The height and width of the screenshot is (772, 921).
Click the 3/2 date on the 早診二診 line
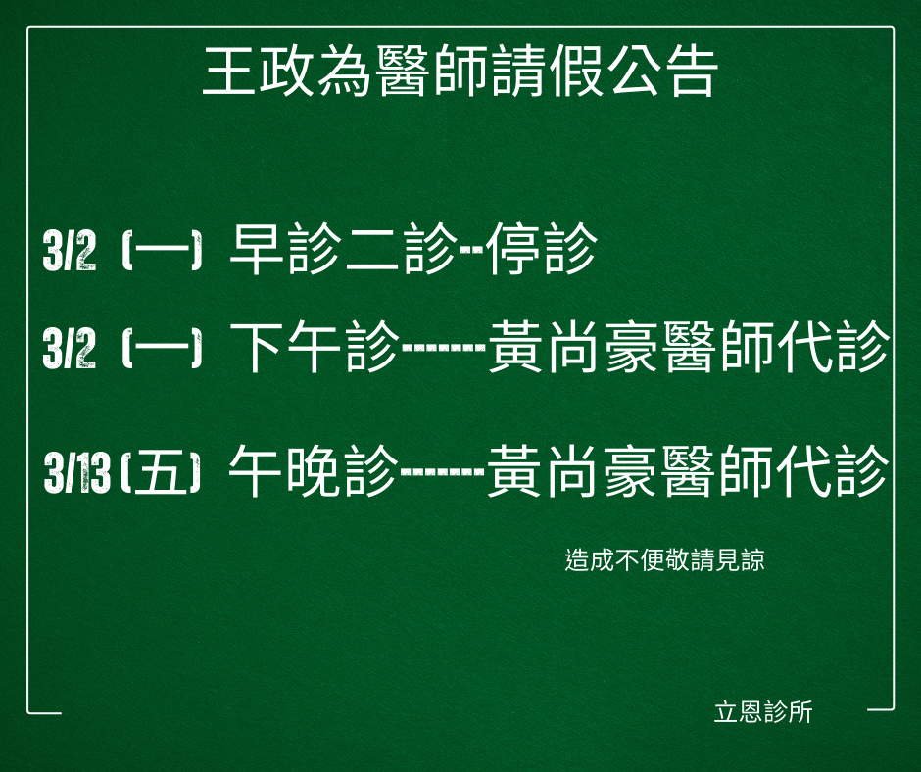tap(70, 250)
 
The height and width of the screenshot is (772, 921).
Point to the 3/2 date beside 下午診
tap(70, 348)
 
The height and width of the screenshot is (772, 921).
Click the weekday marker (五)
tap(161, 472)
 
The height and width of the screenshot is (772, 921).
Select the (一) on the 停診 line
tap(162, 250)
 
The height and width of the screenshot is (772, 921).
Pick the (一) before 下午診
tap(162, 348)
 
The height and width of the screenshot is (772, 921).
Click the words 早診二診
tap(344, 249)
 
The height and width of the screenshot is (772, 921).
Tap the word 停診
tap(542, 249)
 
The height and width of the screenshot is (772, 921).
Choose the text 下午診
tap(315, 347)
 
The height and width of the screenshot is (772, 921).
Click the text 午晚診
tap(314, 471)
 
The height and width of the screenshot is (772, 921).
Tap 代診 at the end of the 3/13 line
tap(833, 471)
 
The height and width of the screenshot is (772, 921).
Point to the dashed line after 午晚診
tap(443, 472)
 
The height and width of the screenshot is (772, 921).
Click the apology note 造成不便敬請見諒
tap(665, 560)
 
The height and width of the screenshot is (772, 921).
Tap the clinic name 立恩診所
tap(763, 712)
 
